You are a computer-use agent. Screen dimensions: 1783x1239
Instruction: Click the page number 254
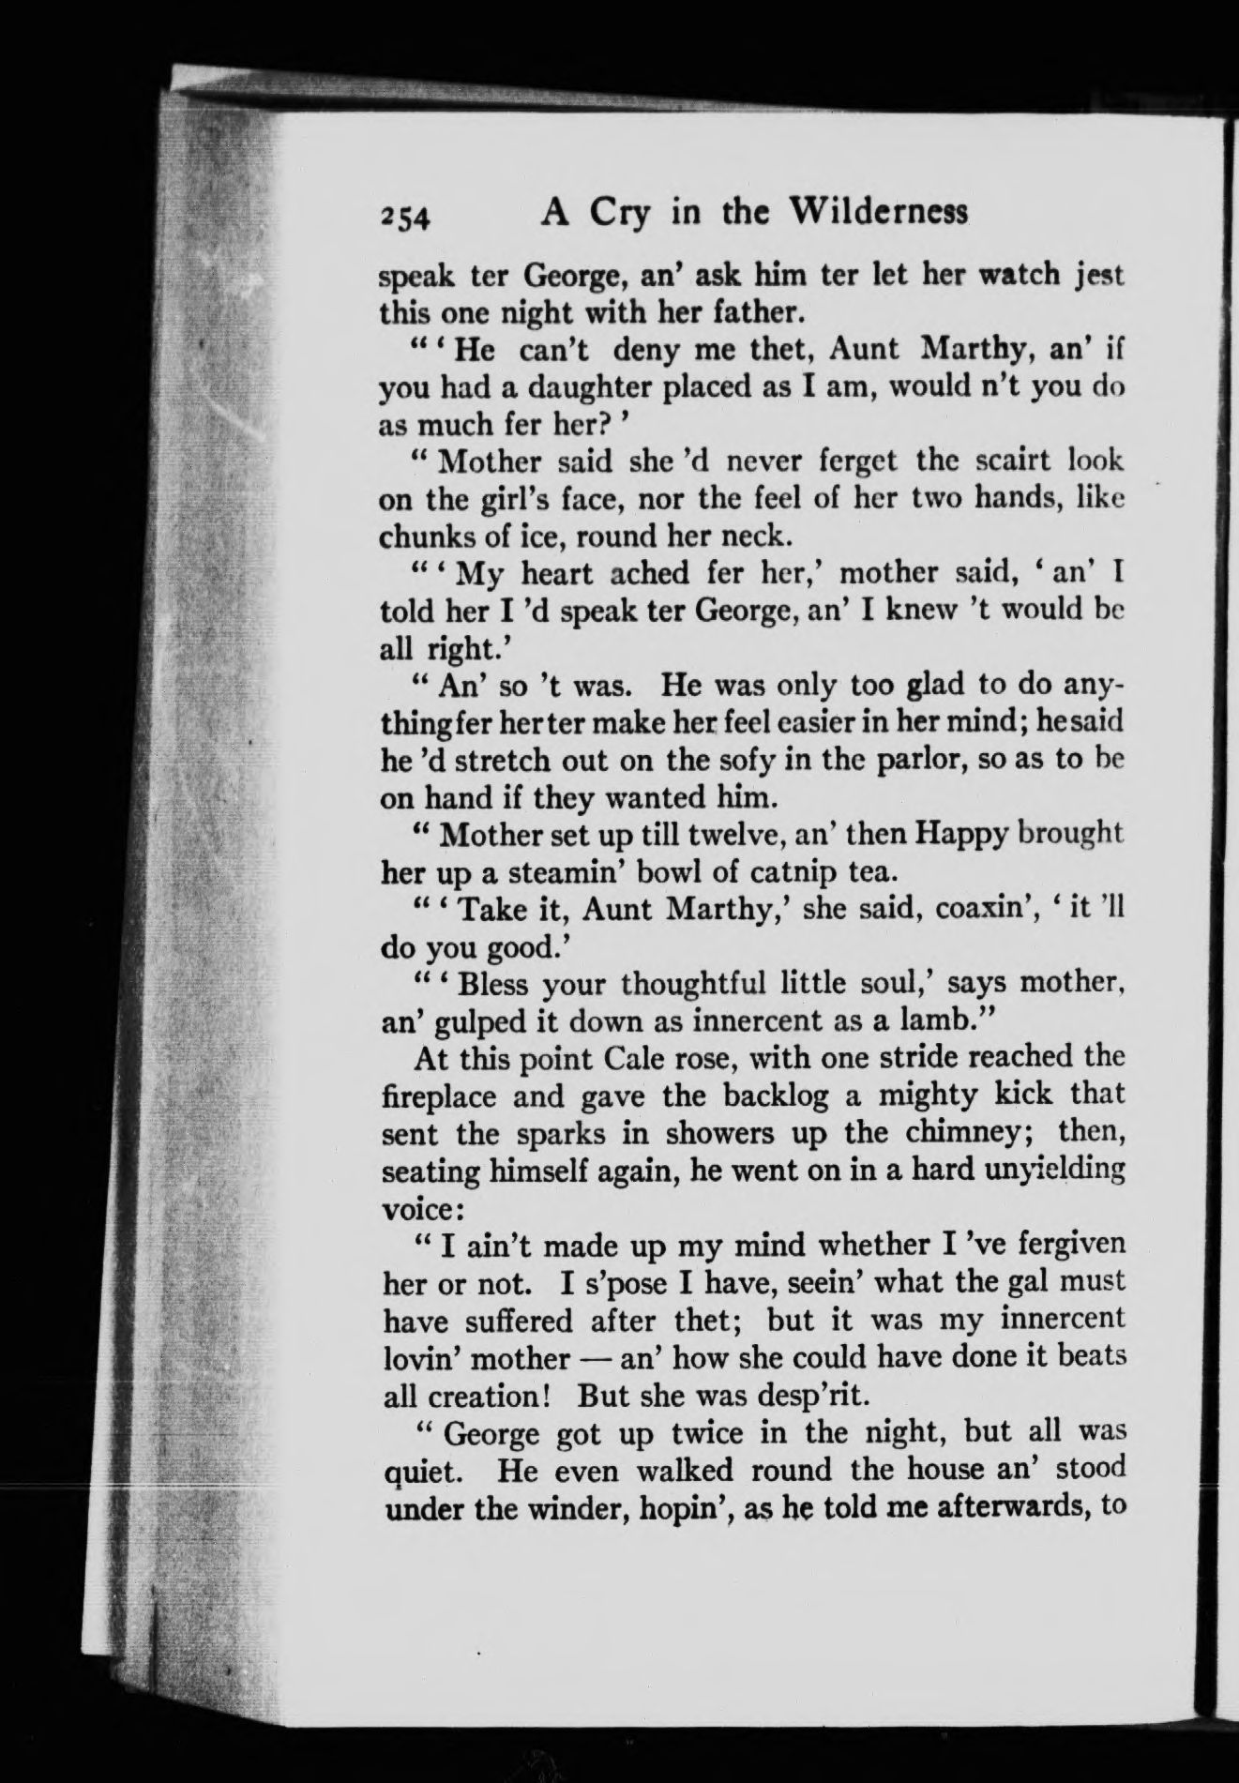[x=403, y=216]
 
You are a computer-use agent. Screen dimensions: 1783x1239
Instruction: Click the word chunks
[x=431, y=536]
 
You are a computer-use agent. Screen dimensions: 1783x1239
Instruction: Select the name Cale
[x=638, y=1059]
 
